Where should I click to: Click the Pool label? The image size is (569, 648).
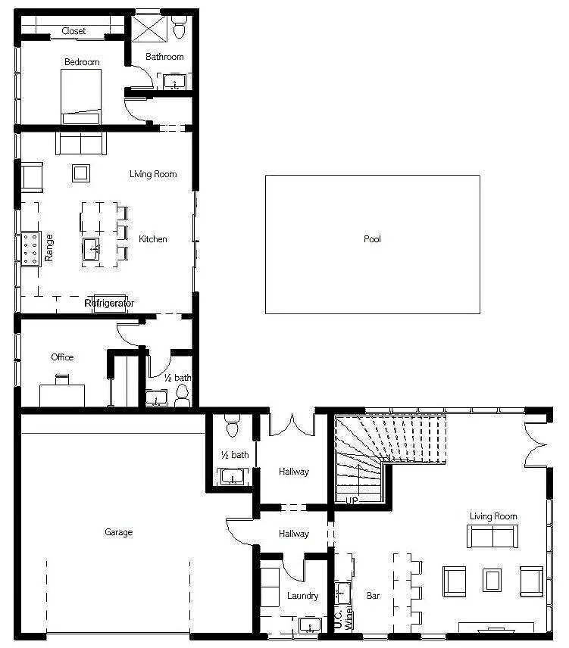point(372,239)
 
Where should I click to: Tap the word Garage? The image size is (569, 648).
point(118,532)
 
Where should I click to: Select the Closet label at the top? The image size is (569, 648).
point(73,31)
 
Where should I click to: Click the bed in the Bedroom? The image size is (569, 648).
point(81,96)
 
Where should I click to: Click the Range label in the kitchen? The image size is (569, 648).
point(49,248)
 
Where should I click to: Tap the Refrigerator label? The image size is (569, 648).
point(109,304)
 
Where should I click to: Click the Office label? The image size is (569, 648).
point(62,357)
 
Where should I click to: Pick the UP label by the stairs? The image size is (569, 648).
point(352,500)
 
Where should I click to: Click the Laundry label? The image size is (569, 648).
point(302,596)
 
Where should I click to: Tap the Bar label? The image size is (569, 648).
point(374,596)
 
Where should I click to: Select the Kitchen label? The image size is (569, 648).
point(152,239)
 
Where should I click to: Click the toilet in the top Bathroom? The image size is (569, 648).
point(179,28)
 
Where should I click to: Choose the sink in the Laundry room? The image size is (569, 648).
point(310,625)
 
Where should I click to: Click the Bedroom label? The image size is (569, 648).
point(81,62)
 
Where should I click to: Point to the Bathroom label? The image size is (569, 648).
point(164,57)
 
